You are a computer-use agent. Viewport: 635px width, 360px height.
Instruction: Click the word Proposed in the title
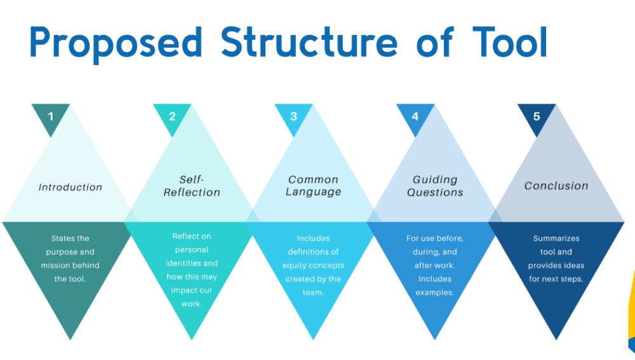(116, 43)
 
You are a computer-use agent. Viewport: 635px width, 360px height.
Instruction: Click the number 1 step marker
(51, 116)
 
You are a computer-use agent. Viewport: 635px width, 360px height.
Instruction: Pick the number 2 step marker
(172, 116)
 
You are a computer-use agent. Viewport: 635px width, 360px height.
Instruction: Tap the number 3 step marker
(293, 116)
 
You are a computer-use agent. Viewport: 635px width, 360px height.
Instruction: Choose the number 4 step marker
(415, 116)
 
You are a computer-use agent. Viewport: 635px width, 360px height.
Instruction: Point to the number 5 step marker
(537, 116)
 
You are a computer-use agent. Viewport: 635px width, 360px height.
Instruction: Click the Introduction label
(70, 187)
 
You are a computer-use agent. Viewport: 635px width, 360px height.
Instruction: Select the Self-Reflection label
(192, 186)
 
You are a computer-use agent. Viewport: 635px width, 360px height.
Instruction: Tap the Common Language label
(313, 186)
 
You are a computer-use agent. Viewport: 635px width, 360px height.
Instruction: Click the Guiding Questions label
(435, 186)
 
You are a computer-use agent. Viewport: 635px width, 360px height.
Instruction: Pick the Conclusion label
(556, 186)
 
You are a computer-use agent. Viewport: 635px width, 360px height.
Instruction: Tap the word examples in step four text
(435, 293)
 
